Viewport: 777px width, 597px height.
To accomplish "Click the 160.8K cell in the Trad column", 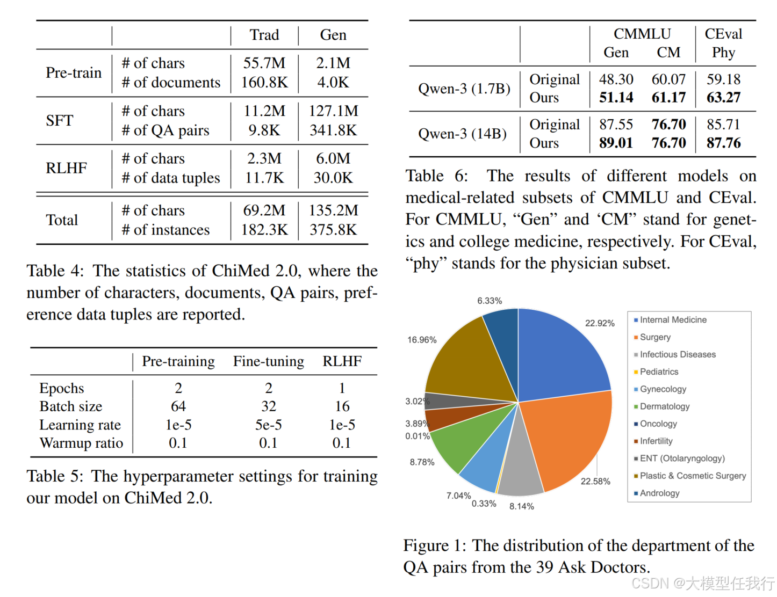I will coord(264,82).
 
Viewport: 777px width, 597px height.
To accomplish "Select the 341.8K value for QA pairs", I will coord(333,130).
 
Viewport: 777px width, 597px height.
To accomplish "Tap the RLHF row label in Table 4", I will coord(66,168).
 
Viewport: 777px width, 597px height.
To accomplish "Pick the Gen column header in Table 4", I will coord(333,35).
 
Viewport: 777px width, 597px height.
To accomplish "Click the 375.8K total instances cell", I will coord(333,230).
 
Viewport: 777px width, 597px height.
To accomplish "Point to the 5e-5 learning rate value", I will coord(268,425).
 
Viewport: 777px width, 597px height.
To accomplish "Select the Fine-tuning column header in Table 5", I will coord(268,361).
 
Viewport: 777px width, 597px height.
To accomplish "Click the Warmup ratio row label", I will coord(81,443).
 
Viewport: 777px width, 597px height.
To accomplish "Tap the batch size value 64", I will coord(178,406).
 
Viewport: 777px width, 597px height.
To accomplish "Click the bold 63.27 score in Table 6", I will coord(723,98).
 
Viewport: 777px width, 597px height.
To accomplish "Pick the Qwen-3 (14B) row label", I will coord(462,134).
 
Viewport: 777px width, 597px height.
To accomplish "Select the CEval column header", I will coord(723,34).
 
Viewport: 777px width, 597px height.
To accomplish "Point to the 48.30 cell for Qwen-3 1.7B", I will coord(616,79).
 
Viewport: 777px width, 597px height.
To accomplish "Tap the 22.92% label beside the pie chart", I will coord(600,323).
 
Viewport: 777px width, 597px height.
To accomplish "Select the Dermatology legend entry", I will coord(664,406).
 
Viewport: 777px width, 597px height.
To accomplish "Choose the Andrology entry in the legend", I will coord(659,493).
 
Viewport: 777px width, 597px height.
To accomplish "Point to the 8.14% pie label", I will coord(521,506).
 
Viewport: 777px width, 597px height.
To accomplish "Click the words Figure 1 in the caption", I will coord(434,545).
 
